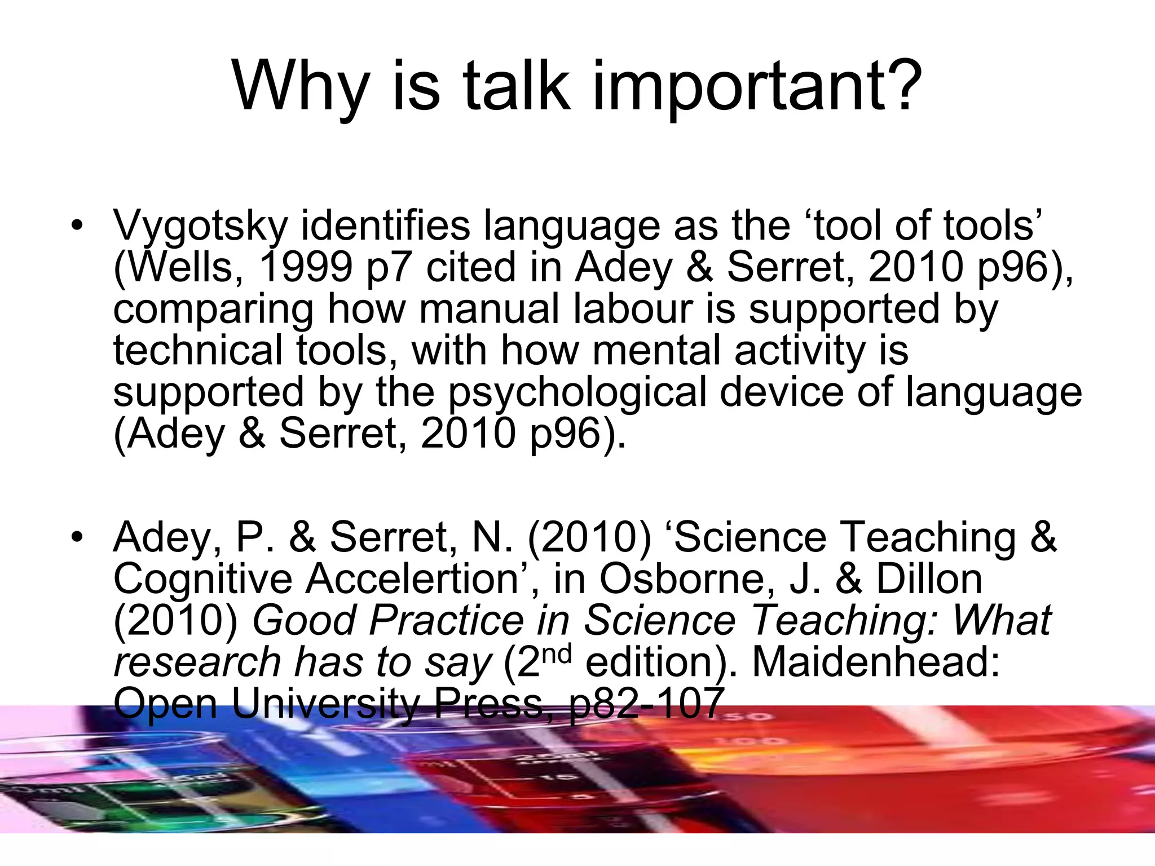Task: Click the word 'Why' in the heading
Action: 299,87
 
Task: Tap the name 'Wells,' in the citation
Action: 174,267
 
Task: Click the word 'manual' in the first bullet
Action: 490,309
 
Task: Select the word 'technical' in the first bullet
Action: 197,351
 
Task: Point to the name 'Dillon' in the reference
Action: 929,579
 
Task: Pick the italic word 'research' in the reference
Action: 196,662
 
